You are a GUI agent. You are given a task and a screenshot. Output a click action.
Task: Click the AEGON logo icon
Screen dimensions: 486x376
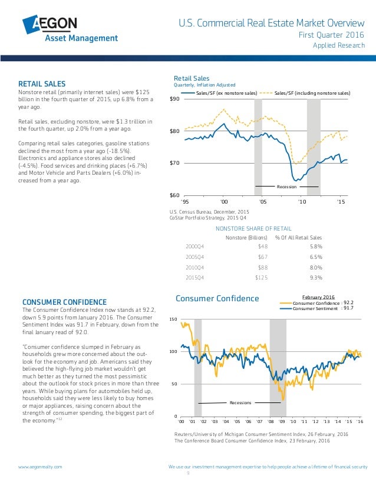(33, 25)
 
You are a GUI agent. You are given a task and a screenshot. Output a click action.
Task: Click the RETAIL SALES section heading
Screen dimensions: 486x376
(42, 84)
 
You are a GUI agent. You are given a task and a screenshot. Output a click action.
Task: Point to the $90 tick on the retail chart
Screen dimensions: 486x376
(175, 99)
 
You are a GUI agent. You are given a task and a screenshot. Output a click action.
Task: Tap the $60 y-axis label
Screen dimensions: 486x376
(175, 195)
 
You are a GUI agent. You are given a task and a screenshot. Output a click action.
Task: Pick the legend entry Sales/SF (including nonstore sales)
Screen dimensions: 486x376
(312, 93)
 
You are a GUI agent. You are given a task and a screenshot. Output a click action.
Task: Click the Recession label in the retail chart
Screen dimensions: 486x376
(286, 187)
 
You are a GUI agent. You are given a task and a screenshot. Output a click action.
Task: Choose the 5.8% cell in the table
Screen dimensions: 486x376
(315, 247)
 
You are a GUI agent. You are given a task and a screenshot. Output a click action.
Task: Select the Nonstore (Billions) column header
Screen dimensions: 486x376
(243, 237)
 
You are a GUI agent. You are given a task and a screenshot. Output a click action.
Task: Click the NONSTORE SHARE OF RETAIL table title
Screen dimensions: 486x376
(254, 228)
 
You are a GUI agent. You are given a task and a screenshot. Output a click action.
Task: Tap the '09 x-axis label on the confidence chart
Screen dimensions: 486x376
(282, 421)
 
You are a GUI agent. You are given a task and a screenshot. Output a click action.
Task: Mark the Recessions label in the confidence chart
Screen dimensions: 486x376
(240, 402)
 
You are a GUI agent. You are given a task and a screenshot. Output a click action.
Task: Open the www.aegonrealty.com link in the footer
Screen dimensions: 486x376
(40, 466)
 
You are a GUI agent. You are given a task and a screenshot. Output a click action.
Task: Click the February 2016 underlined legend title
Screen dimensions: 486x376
(318, 297)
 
